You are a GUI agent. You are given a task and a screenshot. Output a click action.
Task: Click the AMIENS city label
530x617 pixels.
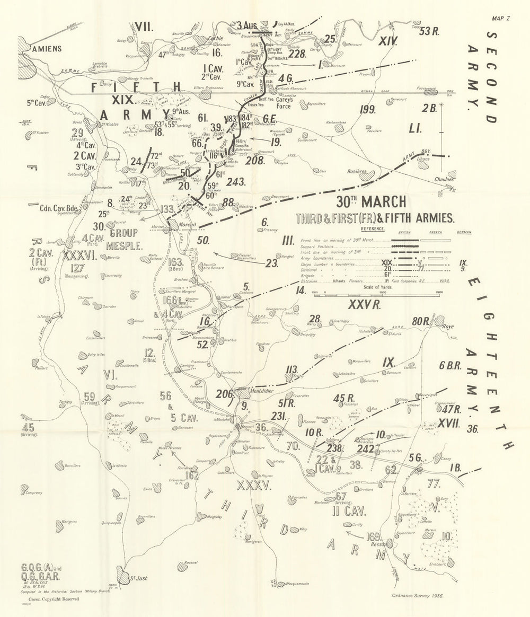click(47, 48)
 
